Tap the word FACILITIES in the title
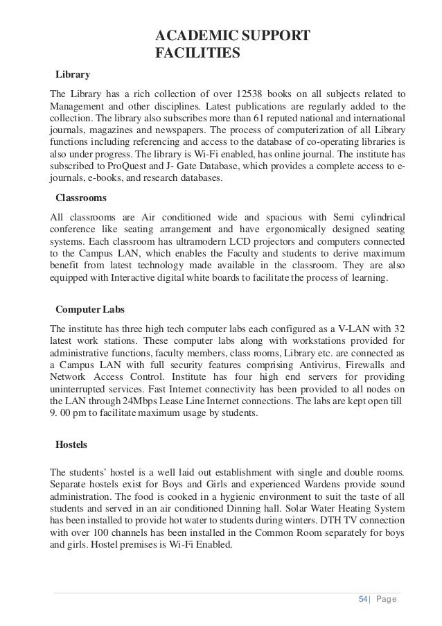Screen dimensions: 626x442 coord(197,53)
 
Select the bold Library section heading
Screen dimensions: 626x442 coord(73,73)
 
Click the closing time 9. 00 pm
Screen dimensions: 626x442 coord(70,415)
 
